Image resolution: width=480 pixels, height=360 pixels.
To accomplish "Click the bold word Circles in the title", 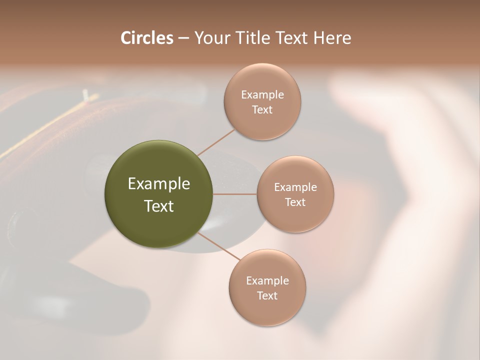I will (146, 38).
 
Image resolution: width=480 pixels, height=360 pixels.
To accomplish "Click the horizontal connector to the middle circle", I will (235, 194).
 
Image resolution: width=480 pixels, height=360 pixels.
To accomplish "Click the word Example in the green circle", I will (159, 184).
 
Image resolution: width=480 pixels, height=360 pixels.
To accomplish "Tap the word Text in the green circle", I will (159, 206).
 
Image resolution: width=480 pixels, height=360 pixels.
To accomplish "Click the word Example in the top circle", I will (262, 95).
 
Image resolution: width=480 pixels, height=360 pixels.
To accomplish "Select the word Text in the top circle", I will (262, 110).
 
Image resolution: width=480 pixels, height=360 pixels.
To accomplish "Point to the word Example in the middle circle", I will (295, 187).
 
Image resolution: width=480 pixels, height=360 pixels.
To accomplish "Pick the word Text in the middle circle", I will (295, 202).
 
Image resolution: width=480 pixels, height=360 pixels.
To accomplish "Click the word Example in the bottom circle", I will (267, 281).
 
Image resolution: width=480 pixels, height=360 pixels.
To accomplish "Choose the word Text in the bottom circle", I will (267, 296).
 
